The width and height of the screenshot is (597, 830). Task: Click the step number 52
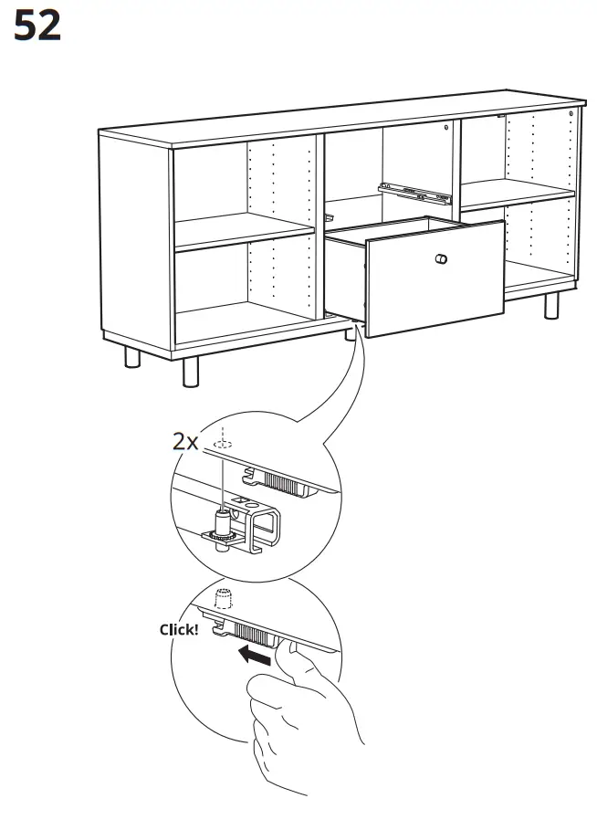click(x=37, y=26)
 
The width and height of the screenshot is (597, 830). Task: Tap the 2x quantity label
click(x=186, y=442)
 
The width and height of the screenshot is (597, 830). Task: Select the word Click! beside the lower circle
click(x=178, y=629)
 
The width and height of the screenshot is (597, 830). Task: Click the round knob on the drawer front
click(x=442, y=259)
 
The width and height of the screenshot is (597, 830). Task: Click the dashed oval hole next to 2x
click(x=221, y=444)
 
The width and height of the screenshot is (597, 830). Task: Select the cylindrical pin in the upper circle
click(x=222, y=524)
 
